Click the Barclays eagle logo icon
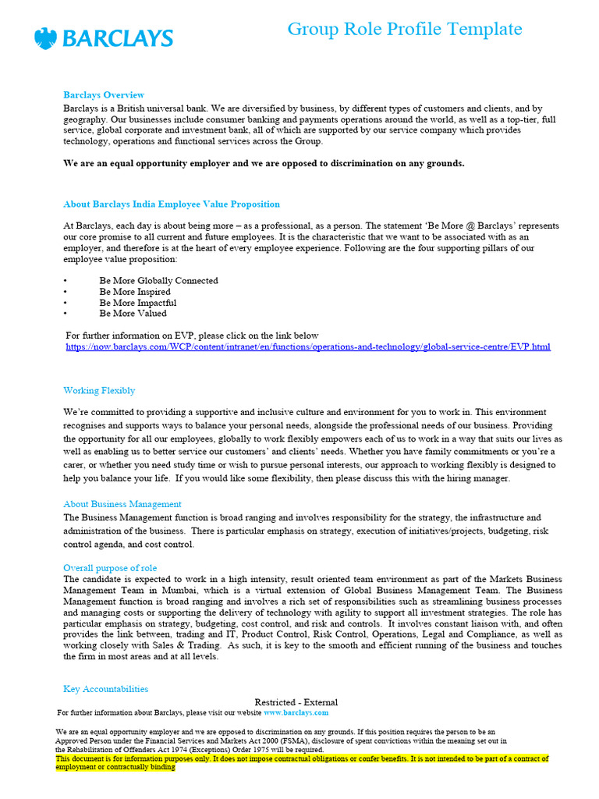pos(46,38)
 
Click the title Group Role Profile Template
pos(404,29)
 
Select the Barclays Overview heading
pos(103,95)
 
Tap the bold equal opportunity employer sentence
pos(264,163)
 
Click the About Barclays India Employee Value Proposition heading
pos(171,204)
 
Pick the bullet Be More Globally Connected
pos(158,280)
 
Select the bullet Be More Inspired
pos(134,291)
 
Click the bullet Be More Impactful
pos(137,302)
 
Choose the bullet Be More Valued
pos(133,313)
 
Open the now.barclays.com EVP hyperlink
pos(308,346)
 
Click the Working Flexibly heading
pos(98,390)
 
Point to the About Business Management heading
pos(122,504)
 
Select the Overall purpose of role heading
pos(110,568)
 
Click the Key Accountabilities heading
pos(105,689)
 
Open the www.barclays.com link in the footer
pos(296,712)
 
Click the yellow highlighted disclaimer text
pos(302,762)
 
